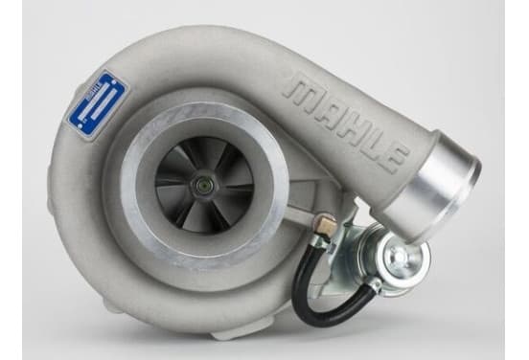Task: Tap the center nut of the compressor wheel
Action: pyautogui.click(x=203, y=185)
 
